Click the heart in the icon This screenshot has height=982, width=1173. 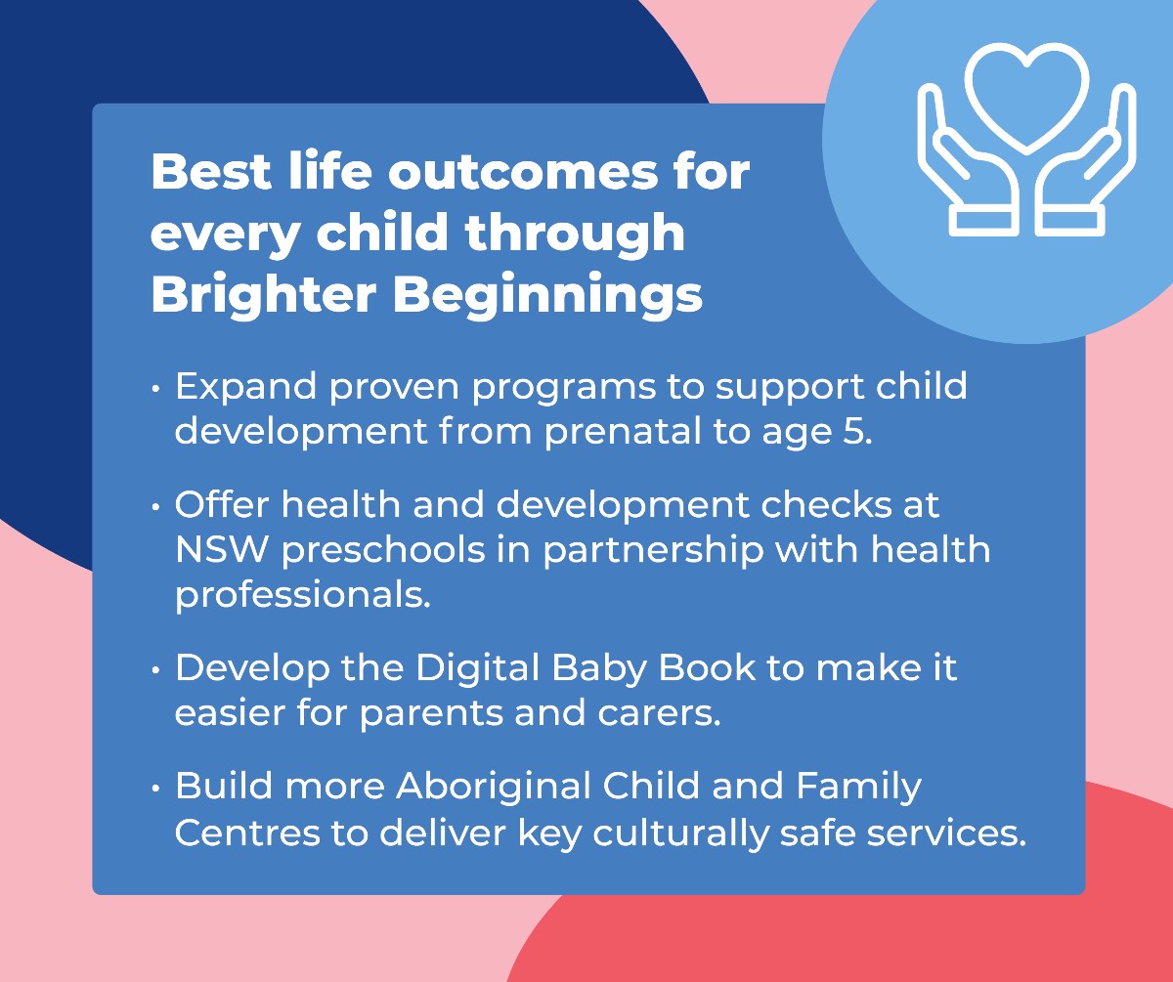[x=1026, y=93]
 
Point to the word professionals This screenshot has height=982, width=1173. [x=302, y=594]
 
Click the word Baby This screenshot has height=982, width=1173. [x=601, y=668]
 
